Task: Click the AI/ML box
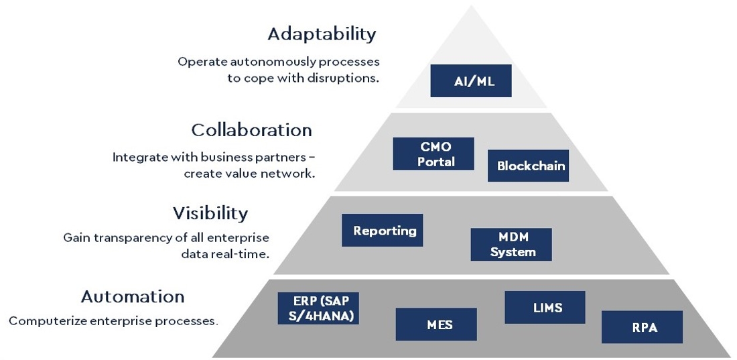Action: coord(470,81)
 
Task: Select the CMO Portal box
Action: coord(433,154)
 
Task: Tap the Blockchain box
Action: coord(529,166)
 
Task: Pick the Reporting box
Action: coord(382,230)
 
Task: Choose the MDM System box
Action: coord(511,244)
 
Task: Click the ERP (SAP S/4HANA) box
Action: coord(318,308)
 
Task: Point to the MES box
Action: coord(436,324)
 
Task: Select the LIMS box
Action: coord(545,307)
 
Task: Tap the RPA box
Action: coord(642,327)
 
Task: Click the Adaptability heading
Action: coord(322,34)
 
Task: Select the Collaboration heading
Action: coord(251,130)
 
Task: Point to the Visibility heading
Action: coord(210,214)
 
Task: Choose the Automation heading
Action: coord(133,296)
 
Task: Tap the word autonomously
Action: coord(271,62)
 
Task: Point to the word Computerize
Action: coord(48,321)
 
